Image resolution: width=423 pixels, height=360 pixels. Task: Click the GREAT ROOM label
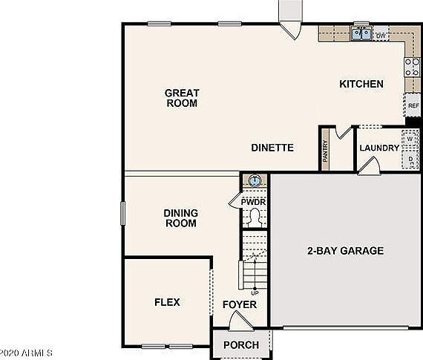[x=181, y=98]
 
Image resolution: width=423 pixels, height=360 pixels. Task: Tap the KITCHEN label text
[x=361, y=84]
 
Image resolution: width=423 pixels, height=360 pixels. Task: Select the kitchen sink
[x=361, y=33]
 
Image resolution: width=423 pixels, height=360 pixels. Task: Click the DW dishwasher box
[x=381, y=35]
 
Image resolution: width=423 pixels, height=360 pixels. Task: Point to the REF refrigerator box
[x=413, y=106]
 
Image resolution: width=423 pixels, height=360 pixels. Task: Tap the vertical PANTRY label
[x=325, y=151]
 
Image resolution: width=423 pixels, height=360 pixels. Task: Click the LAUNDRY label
[x=379, y=148]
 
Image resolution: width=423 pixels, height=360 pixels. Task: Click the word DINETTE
[x=272, y=148]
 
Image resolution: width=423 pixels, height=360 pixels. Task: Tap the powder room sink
[x=254, y=180]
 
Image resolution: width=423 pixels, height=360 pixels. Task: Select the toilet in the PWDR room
[x=254, y=217]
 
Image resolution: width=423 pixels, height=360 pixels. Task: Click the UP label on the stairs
[x=255, y=292]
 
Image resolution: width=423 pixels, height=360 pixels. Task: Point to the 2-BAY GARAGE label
[x=345, y=251]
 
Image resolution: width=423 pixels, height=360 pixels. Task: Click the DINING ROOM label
[x=180, y=217]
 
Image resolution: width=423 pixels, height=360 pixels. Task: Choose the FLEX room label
[x=167, y=302]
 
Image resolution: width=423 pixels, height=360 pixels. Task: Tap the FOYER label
[x=240, y=304]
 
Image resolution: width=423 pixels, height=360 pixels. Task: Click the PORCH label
[x=241, y=344]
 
